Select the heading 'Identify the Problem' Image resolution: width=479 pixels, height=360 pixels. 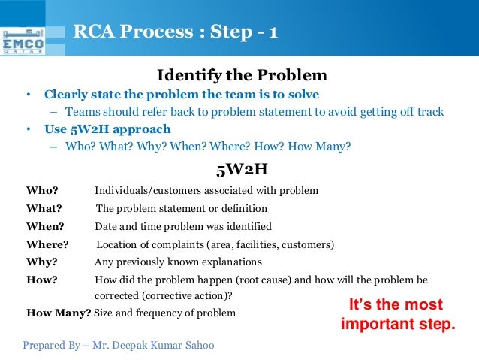tap(242, 75)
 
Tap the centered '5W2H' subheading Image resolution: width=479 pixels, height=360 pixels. tap(241, 168)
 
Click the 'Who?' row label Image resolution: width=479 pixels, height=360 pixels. tap(42, 190)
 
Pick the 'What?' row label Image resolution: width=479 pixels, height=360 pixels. tap(44, 208)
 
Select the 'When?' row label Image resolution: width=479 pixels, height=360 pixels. tap(45, 226)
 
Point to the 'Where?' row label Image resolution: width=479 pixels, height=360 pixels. tap(47, 244)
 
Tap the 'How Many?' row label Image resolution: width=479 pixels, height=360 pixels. tap(59, 313)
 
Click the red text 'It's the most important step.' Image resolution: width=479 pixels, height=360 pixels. tap(398, 315)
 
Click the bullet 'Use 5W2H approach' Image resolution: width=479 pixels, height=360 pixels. tap(107, 129)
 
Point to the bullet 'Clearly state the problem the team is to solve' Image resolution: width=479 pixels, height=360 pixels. tap(182, 95)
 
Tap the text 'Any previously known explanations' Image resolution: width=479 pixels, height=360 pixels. tap(178, 262)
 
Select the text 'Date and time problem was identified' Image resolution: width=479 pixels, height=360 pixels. tap(183, 226)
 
